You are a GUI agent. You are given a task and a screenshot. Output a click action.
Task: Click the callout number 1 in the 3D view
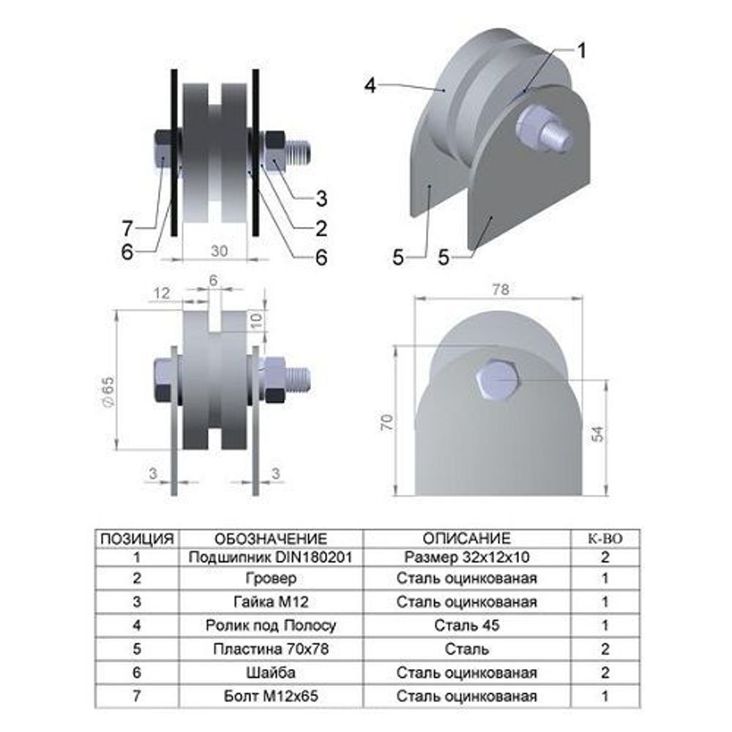(581, 51)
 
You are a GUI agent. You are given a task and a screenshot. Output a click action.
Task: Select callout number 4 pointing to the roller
(370, 86)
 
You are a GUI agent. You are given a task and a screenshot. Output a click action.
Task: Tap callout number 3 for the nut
(321, 198)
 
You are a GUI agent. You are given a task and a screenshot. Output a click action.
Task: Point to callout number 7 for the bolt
(127, 228)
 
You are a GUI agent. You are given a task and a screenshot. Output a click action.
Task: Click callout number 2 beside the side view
(321, 228)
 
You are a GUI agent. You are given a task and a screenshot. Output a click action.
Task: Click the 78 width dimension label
(501, 290)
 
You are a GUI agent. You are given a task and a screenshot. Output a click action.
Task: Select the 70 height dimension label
(387, 422)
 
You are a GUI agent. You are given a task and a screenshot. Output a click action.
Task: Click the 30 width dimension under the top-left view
(219, 251)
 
